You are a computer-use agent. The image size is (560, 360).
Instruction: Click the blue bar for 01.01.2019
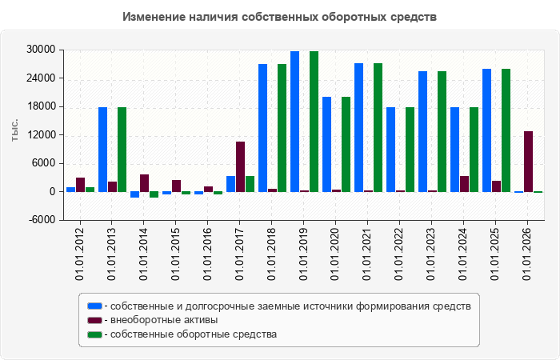click(x=294, y=122)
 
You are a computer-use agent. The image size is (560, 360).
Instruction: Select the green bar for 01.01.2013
click(x=122, y=150)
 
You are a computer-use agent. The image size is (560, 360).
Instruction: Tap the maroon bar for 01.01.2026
click(x=528, y=162)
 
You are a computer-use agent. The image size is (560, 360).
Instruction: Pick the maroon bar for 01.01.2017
click(x=240, y=166)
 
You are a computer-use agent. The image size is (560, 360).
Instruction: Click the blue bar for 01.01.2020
click(x=326, y=145)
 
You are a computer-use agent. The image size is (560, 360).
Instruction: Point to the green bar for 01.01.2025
click(x=506, y=130)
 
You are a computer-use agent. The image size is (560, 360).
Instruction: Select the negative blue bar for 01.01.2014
click(x=134, y=194)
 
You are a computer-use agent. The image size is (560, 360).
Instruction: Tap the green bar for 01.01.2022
click(x=410, y=150)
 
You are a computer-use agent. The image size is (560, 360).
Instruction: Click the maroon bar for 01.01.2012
click(x=80, y=185)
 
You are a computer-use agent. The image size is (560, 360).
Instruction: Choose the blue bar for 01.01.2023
click(x=423, y=132)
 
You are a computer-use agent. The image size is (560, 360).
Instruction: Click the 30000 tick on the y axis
click(x=41, y=50)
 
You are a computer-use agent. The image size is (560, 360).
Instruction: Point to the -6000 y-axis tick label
click(x=42, y=220)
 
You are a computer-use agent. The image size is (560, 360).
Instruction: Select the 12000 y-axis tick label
click(x=41, y=135)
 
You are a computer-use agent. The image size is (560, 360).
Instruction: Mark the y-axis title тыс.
click(x=14, y=130)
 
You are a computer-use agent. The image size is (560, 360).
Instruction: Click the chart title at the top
click(x=280, y=17)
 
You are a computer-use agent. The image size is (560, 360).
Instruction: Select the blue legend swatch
click(x=94, y=306)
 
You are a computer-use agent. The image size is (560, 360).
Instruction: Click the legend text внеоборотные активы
click(x=164, y=320)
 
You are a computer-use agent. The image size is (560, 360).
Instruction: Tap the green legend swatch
click(x=94, y=334)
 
